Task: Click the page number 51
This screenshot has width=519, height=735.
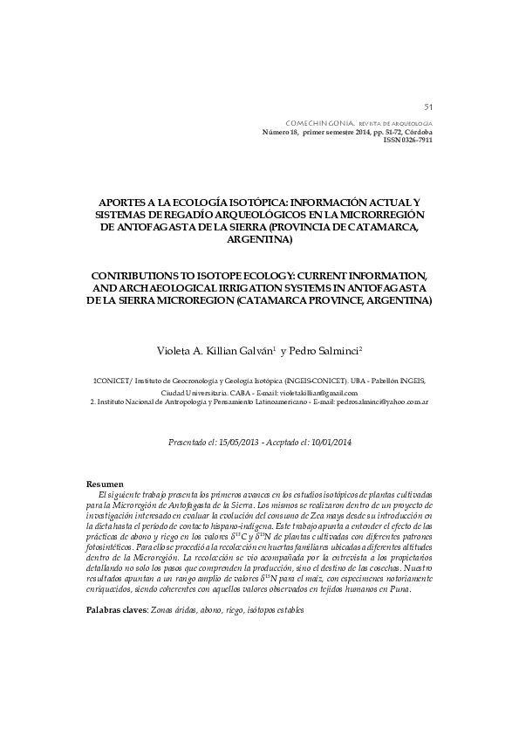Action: [x=428, y=106]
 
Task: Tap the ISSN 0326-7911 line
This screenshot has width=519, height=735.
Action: [x=408, y=140]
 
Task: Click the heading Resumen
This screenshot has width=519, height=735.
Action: [x=105, y=484]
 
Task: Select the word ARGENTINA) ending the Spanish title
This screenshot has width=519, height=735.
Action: [x=259, y=239]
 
